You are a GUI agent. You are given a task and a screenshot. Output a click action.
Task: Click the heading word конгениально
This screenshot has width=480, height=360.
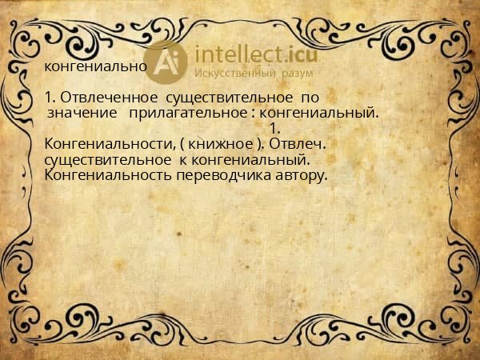point(94,66)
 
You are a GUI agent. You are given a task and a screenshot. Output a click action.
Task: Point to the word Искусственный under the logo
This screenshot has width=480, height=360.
point(235,73)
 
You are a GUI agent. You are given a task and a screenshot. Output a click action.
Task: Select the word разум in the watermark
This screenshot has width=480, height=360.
point(296,73)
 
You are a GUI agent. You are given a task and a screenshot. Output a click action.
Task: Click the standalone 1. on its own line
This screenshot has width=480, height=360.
point(274,128)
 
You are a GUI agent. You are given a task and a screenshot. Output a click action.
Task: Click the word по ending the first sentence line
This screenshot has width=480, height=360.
point(310,98)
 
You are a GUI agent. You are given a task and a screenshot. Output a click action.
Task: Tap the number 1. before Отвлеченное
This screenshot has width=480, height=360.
point(50,98)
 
